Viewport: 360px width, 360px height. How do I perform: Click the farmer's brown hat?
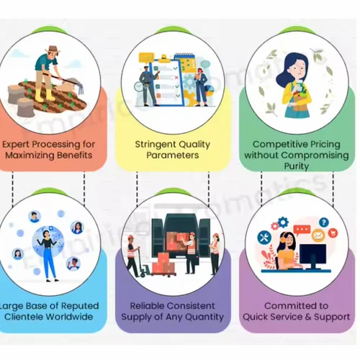coord(53,49)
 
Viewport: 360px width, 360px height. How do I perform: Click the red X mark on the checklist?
coord(176,77)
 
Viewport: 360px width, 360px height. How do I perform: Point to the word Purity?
coord(297,166)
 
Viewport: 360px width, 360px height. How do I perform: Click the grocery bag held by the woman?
coord(300,101)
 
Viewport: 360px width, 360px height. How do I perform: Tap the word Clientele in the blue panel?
coord(24,317)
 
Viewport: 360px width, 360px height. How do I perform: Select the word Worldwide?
coord(70,317)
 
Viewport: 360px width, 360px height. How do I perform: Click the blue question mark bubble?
coord(324,222)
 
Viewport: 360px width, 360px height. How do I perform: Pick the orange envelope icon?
coord(318,235)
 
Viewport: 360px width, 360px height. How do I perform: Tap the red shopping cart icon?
coord(333,233)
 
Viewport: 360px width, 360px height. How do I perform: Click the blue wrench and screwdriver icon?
coord(264,238)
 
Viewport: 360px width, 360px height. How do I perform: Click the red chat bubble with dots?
coord(302,230)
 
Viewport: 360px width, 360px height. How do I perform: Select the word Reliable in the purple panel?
coord(145,306)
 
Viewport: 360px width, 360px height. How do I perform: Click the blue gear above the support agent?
coord(283,222)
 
